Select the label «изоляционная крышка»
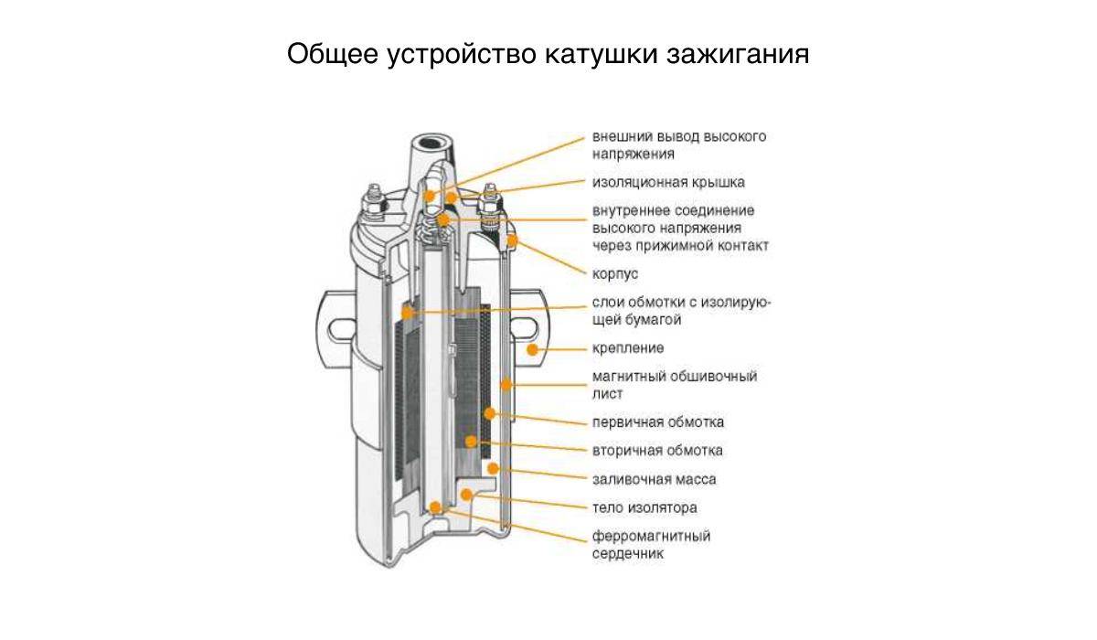[668, 183]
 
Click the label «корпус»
[615, 274]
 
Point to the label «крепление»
[628, 348]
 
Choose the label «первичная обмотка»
[658, 422]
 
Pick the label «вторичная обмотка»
[657, 451]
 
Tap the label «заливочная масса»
[655, 479]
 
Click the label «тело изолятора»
[645, 507]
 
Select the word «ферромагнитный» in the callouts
[651, 537]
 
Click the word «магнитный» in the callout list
[627, 377]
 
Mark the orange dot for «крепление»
[532, 349]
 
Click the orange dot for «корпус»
[512, 240]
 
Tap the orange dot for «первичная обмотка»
[489, 414]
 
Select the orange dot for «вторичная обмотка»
[471, 442]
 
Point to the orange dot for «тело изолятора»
[467, 495]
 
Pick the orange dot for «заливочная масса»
[493, 469]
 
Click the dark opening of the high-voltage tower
[431, 144]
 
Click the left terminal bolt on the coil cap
[374, 203]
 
